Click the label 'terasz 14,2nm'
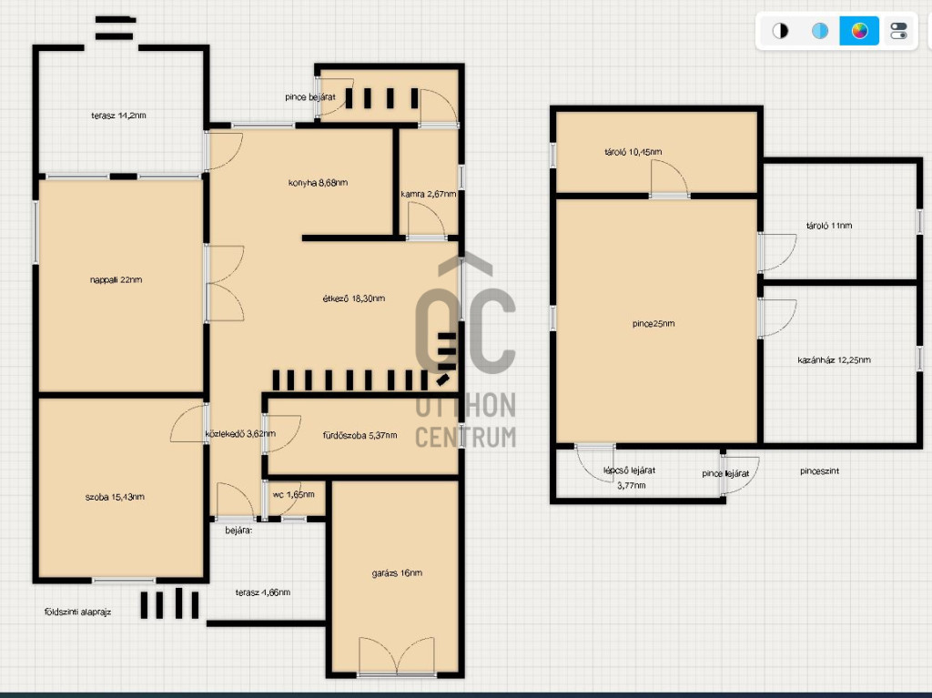118,116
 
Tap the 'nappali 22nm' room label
116,279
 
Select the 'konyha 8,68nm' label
318,183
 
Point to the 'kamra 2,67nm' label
429,194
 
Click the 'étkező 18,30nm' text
354,298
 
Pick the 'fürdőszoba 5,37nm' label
360,435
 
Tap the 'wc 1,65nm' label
294,494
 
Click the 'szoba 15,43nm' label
115,497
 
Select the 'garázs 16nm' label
397,573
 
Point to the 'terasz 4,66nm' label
263,592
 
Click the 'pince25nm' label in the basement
653,324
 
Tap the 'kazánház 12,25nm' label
834,359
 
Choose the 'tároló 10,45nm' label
633,152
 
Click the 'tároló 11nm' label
829,226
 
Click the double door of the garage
397,656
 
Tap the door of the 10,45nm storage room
670,178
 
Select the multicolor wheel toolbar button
859,31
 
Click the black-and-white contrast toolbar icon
780,31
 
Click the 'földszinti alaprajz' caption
78,612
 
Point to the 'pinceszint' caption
820,470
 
